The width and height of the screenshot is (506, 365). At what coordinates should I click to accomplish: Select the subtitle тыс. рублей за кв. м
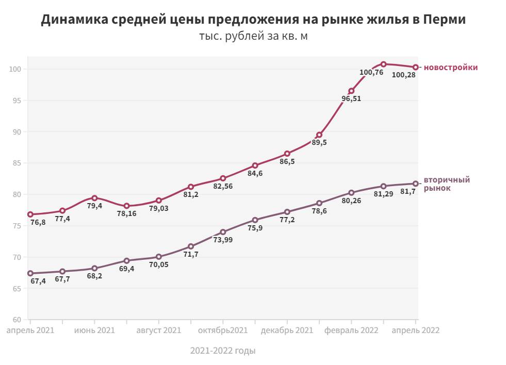coord(253,37)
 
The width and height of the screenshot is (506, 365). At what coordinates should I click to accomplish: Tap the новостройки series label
coord(450,68)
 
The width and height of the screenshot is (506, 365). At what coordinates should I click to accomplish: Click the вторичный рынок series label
coord(447,184)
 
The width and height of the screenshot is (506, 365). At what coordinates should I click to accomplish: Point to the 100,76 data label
coord(371,72)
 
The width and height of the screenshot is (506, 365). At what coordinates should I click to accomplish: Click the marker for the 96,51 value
coord(351,91)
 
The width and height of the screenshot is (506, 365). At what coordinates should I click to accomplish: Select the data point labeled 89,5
coord(319,135)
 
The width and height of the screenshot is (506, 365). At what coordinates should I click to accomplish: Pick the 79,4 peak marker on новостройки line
coord(94,198)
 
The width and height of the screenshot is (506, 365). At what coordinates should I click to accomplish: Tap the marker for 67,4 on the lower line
coord(30,273)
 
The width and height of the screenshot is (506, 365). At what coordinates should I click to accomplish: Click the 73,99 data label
coord(223,240)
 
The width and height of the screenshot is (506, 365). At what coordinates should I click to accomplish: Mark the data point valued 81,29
coord(383,186)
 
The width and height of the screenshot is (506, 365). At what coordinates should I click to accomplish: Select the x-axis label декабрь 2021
coord(287,330)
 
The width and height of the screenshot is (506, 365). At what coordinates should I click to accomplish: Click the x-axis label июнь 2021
coord(94,330)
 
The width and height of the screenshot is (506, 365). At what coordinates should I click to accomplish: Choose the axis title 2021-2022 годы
coord(223,351)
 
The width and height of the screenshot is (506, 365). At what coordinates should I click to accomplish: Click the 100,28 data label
coord(404,75)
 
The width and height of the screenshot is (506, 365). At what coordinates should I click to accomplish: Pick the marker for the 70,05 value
coord(159,257)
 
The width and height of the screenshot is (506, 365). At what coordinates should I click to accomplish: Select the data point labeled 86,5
coord(287,154)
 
